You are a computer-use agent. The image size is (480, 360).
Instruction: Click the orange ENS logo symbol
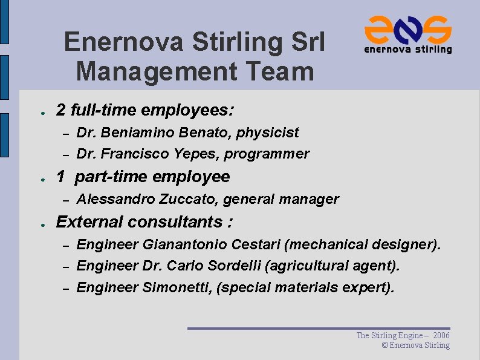coord(408,28)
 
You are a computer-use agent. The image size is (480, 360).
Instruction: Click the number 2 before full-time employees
coord(60,110)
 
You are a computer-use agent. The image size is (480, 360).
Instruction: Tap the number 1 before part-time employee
coord(60,177)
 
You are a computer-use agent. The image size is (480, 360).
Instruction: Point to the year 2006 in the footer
coord(441,335)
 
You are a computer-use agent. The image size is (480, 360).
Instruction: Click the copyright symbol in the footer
coord(385,345)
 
